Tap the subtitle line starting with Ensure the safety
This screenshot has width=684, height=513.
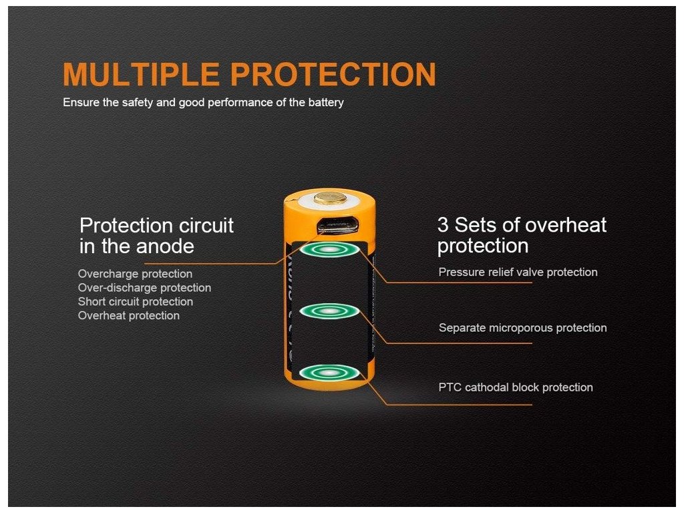click(x=203, y=102)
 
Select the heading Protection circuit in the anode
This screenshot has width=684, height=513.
click(x=156, y=236)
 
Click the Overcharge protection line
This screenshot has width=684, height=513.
click(x=135, y=274)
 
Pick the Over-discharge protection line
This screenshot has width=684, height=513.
click(x=144, y=288)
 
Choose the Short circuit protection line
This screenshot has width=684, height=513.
click(x=135, y=302)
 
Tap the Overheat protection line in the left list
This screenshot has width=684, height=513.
click(x=129, y=316)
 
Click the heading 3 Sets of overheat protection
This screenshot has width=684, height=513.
click(x=522, y=235)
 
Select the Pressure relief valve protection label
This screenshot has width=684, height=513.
click(x=518, y=273)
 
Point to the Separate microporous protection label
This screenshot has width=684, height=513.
click(x=522, y=328)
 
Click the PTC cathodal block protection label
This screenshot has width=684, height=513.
click(x=516, y=387)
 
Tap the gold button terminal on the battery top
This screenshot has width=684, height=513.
click(x=330, y=198)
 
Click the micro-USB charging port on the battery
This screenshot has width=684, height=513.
click(x=337, y=224)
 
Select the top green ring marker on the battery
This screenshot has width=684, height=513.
click(x=330, y=250)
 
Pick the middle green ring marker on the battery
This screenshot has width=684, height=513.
click(x=330, y=311)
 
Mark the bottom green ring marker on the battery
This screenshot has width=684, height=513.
click(x=330, y=373)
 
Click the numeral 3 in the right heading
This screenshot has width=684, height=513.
click(x=443, y=225)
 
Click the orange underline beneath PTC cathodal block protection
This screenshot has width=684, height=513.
click(x=460, y=404)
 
